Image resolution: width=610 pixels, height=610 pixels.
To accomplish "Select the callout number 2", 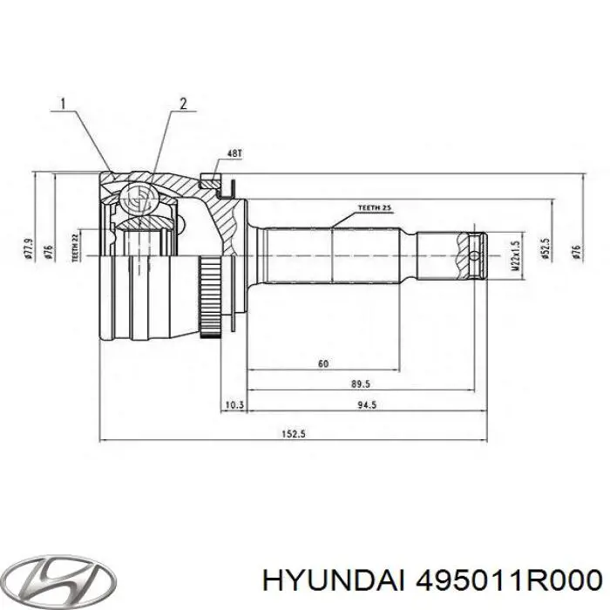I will (x=183, y=105).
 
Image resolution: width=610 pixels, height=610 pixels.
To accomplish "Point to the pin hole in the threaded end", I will (x=473, y=256).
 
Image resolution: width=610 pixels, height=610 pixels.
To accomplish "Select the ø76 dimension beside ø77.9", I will (x=51, y=251).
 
